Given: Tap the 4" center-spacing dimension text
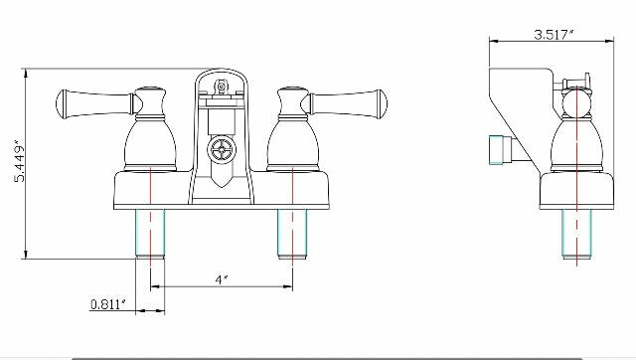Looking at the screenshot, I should [220, 280].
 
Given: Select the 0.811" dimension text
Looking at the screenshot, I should [108, 303].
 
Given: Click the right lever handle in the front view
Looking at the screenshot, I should [346, 100].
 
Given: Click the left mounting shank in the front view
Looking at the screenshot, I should [150, 234].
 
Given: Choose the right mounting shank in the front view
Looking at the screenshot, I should [292, 234].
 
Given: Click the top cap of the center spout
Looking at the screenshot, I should [221, 80].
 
